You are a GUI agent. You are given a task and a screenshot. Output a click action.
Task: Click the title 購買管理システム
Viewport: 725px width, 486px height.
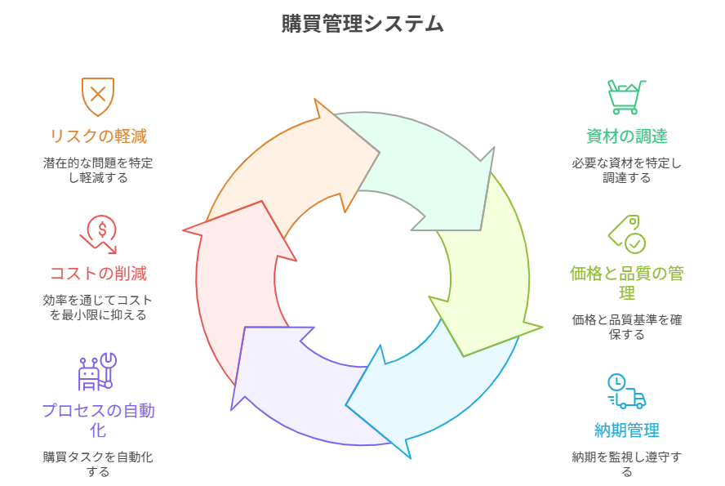click(x=362, y=24)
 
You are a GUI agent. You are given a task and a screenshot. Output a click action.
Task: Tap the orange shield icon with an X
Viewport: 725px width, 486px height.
click(x=97, y=96)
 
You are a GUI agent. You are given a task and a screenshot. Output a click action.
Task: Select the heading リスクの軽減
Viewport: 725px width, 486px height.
click(x=98, y=136)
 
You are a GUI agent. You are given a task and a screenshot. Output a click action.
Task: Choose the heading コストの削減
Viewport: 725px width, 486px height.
click(x=98, y=274)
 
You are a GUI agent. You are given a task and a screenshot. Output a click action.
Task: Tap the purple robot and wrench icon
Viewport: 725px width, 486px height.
click(x=97, y=372)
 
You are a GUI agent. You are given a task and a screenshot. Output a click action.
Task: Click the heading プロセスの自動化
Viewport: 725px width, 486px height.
click(x=98, y=420)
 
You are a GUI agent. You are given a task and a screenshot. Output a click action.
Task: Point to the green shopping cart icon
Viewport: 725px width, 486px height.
click(x=626, y=96)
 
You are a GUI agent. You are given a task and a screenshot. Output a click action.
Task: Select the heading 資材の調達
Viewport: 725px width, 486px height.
click(x=626, y=136)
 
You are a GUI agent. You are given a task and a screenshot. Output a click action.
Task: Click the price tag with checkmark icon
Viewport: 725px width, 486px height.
click(x=626, y=234)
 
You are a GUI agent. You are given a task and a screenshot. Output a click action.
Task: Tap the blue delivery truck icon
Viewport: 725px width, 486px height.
click(x=626, y=391)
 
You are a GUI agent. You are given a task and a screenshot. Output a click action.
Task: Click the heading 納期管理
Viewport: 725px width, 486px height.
click(x=626, y=430)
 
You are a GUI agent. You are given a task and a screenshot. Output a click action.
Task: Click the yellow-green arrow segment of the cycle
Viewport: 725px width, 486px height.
click(x=486, y=286)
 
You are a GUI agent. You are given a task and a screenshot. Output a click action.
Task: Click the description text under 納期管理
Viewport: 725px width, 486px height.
click(x=626, y=464)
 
